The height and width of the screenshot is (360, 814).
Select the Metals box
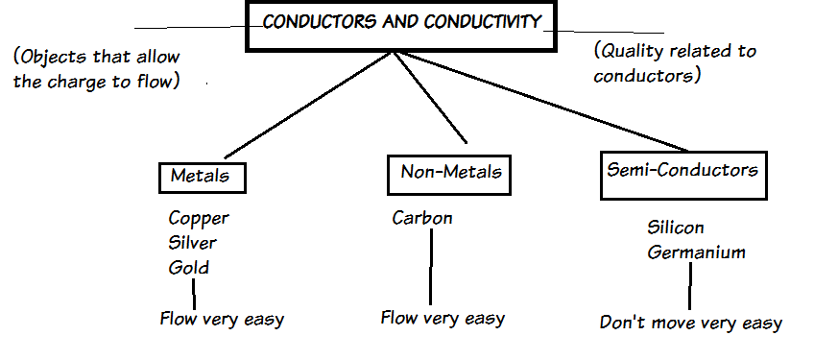(x=202, y=177)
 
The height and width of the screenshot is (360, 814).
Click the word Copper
(x=199, y=218)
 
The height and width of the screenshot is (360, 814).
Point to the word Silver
(x=192, y=243)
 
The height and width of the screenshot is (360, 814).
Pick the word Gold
(x=188, y=267)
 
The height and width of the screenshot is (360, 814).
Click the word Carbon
(x=422, y=218)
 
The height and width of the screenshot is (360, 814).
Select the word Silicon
(x=676, y=228)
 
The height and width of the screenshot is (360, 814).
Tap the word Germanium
(x=696, y=252)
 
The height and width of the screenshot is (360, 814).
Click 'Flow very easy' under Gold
(x=222, y=319)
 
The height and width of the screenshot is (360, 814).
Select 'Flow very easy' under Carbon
(x=443, y=317)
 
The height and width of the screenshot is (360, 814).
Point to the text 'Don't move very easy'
(x=691, y=323)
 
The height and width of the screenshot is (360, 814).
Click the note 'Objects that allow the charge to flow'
(x=97, y=69)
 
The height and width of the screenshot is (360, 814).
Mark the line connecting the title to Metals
(x=307, y=105)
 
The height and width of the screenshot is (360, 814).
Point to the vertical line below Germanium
(x=690, y=285)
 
